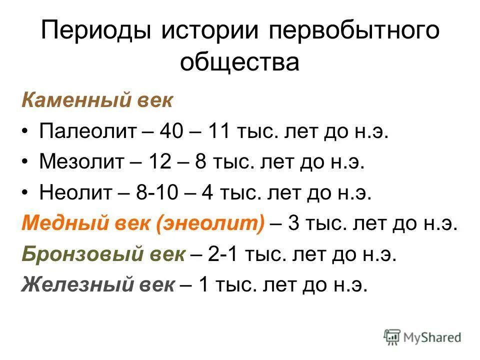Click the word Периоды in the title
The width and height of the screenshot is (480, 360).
(x=95, y=32)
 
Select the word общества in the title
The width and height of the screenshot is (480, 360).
(x=240, y=63)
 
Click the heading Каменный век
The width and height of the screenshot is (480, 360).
(x=97, y=101)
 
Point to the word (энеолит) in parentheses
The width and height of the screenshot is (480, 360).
(x=210, y=224)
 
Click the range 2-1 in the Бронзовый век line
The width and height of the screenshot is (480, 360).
(x=223, y=254)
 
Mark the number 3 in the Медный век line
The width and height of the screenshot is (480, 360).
(x=294, y=224)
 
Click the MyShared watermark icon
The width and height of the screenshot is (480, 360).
(x=392, y=337)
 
